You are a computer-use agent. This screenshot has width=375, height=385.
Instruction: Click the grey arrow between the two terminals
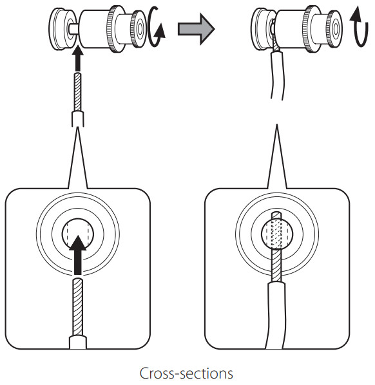196,29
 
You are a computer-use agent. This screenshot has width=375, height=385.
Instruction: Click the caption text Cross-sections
186,373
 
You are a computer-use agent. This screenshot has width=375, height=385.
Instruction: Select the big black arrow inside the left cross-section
78,255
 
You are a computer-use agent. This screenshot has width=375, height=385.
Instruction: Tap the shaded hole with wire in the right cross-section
277,234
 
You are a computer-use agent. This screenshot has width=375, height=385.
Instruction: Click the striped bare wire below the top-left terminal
78,91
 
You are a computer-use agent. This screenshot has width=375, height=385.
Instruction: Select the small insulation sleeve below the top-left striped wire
78,119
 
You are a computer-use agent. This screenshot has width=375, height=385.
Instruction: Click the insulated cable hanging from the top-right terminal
278,75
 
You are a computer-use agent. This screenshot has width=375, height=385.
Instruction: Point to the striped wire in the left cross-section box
78,307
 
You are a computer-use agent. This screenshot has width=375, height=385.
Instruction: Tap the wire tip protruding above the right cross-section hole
277,216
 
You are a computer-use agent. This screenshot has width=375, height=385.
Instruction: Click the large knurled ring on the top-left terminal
115,28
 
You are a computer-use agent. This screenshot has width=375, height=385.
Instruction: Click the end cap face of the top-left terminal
140,28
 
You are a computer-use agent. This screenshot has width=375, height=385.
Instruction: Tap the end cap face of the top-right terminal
336,28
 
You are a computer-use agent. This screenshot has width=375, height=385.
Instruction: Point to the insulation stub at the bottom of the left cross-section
78,343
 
